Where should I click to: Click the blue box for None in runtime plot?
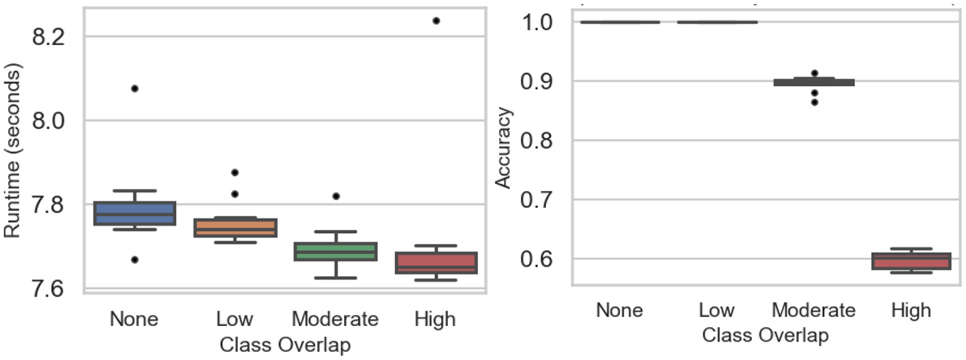click(x=134, y=213)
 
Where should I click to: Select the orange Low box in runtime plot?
click(x=235, y=227)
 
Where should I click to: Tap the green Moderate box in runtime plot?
click(x=335, y=251)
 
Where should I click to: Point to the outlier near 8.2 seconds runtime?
click(x=436, y=20)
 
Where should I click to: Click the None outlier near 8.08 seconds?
click(x=134, y=88)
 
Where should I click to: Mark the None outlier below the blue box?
click(x=134, y=259)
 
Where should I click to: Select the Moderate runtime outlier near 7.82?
click(x=335, y=196)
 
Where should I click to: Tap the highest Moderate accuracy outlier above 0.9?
click(x=814, y=73)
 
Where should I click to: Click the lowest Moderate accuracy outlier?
click(x=814, y=102)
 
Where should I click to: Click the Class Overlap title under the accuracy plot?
click(x=765, y=335)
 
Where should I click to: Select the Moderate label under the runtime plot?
click(x=335, y=319)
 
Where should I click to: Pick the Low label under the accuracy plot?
click(x=716, y=310)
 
